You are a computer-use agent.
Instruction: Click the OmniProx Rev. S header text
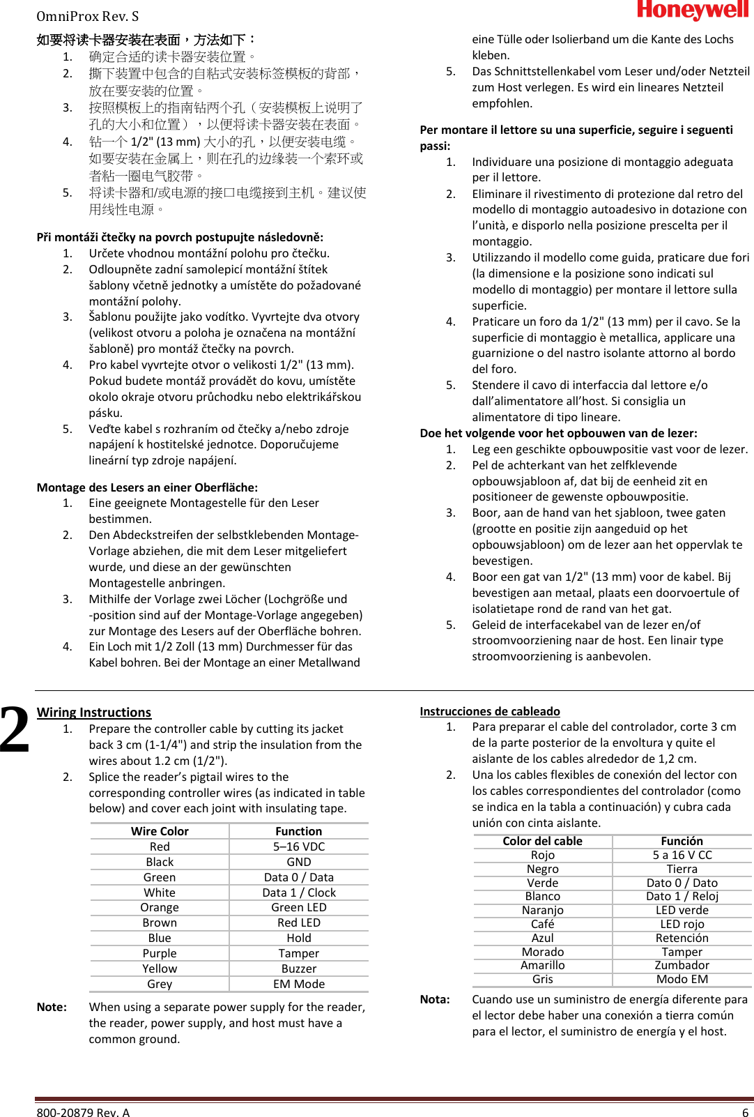[x=87, y=16]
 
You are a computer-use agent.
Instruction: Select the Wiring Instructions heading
[x=94, y=712]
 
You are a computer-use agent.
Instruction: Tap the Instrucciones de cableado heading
[x=490, y=711]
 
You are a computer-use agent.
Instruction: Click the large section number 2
[x=15, y=729]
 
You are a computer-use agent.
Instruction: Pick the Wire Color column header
[x=160, y=831]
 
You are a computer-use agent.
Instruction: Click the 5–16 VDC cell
[x=299, y=846]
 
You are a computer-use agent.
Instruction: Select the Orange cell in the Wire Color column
[x=160, y=907]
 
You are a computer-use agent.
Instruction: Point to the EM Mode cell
[x=299, y=984]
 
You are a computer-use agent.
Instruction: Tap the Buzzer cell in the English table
[x=299, y=968]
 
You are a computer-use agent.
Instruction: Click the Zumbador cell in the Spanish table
[x=682, y=965]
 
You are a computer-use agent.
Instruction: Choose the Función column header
[x=682, y=841]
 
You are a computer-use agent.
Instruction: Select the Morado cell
[x=543, y=952]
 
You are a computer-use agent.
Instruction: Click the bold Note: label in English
[x=52, y=1007]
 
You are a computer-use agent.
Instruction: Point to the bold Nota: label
[x=435, y=999]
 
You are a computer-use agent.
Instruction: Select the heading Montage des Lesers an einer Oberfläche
[x=147, y=487]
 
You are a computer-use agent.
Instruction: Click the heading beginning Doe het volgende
[x=558, y=433]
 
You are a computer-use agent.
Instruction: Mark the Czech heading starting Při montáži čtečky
[x=180, y=237]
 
